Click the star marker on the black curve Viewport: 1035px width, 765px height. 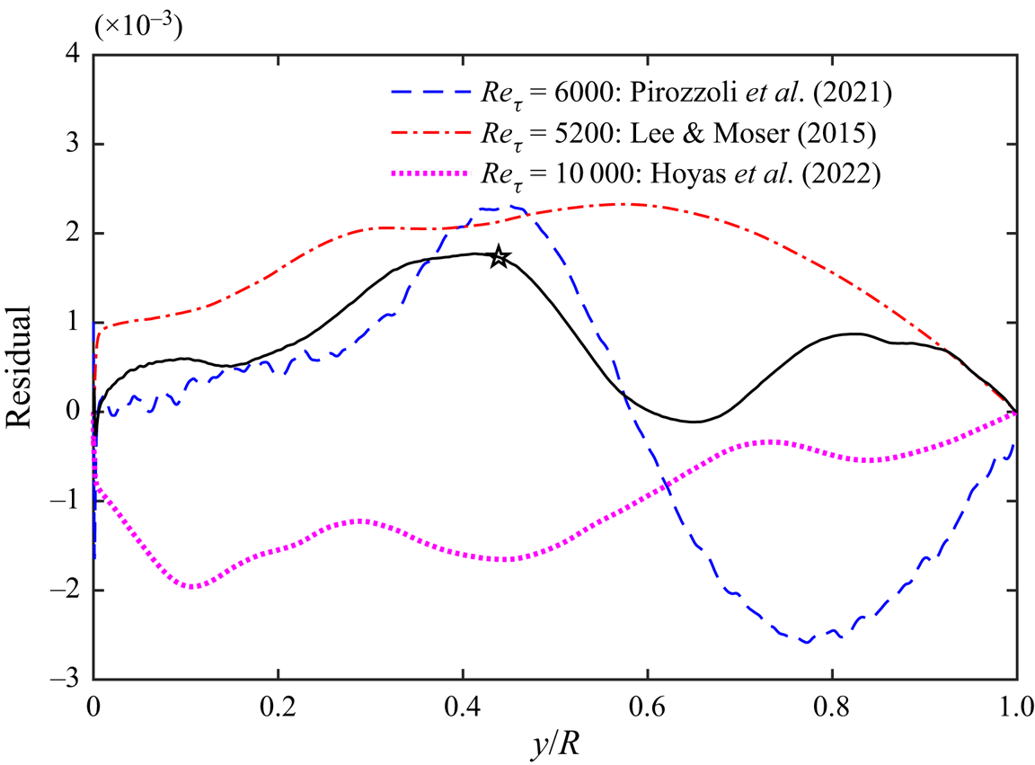(500, 258)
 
